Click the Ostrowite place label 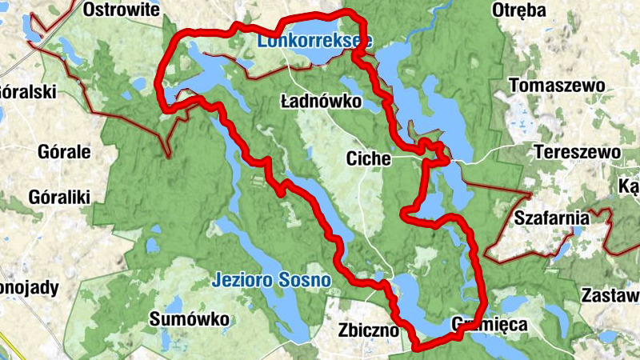pos(122,10)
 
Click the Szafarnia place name pos(552,217)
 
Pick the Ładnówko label pos(322,102)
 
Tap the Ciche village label pos(368,158)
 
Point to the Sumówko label pos(189,319)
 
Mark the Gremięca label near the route pos(489,326)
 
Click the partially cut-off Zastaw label pos(611,294)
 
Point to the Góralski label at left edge pos(27,91)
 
